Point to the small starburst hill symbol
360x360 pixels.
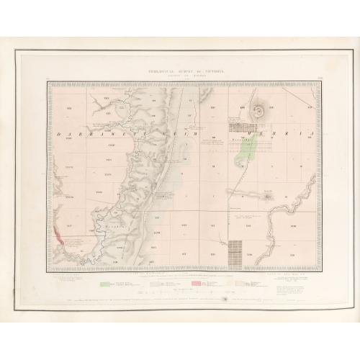(266, 195)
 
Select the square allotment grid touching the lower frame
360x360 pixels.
(234, 251)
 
